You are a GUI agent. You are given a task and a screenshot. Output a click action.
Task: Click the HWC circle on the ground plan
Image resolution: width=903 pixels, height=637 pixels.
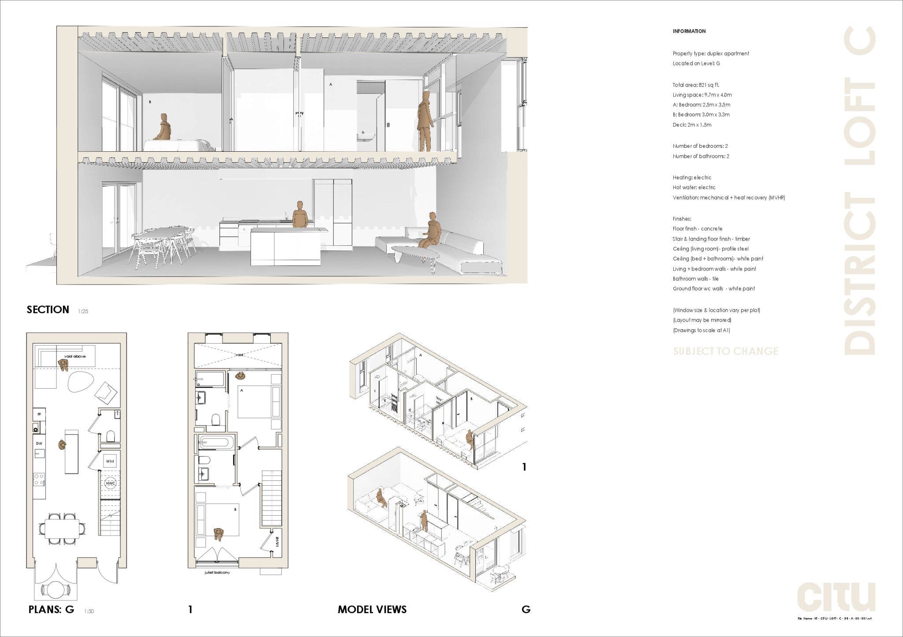110,483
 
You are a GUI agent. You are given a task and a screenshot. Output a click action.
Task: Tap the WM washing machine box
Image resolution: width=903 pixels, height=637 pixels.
110,461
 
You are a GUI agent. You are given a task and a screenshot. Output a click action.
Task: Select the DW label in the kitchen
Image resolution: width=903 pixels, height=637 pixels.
39,443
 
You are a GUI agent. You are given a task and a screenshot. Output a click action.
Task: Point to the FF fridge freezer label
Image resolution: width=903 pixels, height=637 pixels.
39,414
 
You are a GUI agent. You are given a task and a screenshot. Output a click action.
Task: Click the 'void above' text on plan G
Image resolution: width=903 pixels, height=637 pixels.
75,356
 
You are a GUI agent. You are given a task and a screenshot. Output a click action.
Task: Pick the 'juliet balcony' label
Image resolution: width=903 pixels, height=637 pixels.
217,573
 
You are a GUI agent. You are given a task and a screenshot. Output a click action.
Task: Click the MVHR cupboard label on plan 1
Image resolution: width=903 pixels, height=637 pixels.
277,541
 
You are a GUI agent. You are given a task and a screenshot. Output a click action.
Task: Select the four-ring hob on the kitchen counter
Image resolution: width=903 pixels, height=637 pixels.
39,479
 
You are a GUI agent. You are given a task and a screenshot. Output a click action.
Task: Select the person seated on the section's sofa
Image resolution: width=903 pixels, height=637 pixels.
432,230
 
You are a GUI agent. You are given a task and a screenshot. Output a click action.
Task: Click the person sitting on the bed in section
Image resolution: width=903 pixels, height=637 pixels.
164,127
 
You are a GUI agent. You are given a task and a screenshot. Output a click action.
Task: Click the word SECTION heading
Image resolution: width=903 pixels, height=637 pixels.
48,310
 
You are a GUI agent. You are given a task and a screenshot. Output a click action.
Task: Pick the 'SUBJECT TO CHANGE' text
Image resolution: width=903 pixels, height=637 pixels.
725,352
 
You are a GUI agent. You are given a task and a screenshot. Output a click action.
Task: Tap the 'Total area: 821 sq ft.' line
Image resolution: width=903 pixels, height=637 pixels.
696,85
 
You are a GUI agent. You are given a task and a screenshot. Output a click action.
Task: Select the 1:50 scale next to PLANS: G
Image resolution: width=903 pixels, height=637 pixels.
89,611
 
